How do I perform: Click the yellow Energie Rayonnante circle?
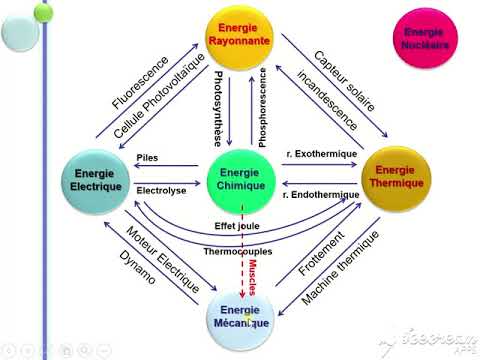point(240,36)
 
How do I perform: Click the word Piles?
point(147,157)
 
